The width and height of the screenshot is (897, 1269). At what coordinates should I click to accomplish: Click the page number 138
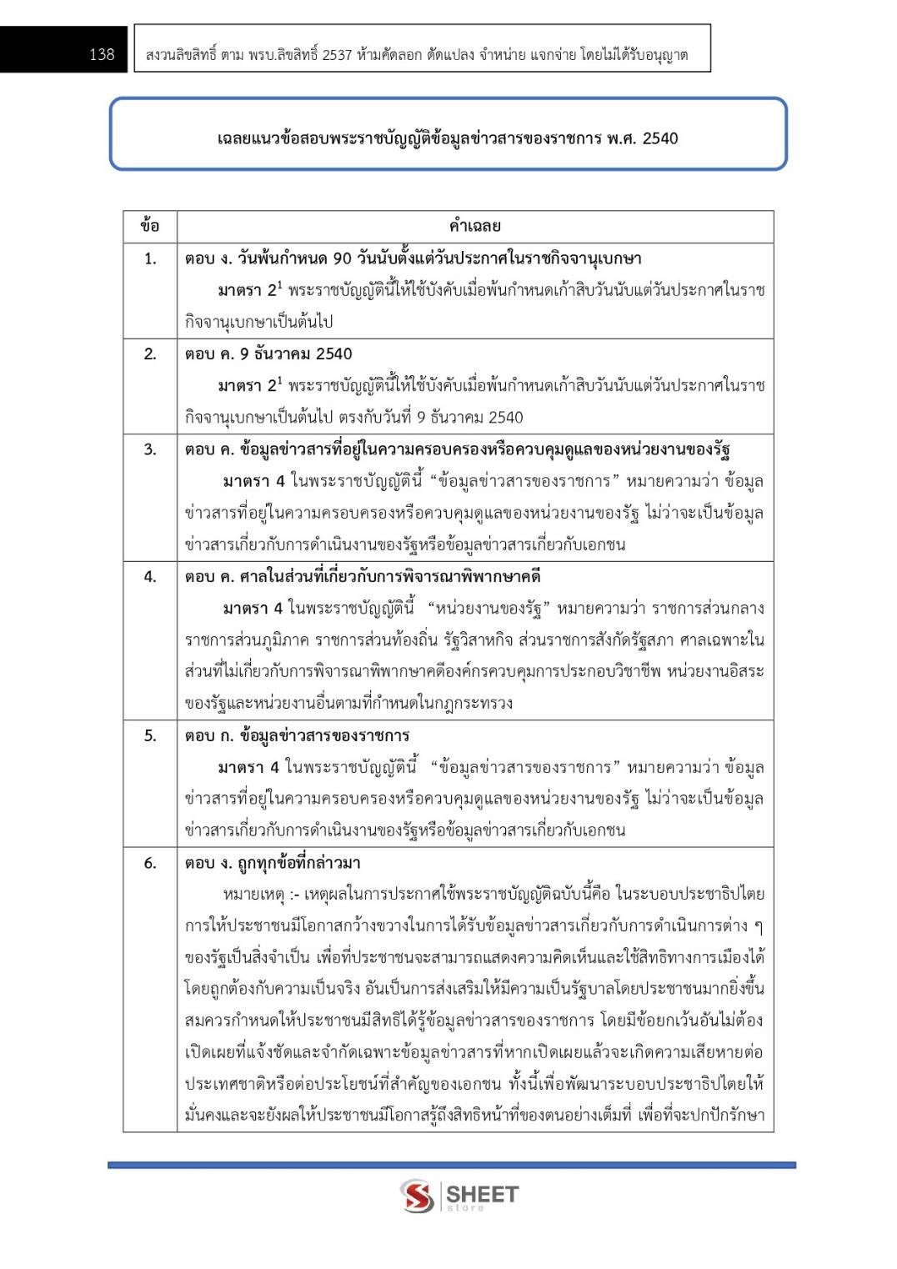102,54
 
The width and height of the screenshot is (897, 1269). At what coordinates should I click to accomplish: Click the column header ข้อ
150,226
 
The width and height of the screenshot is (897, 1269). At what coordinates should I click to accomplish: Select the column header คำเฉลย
474,226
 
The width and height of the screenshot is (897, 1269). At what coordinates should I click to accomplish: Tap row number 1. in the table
150,258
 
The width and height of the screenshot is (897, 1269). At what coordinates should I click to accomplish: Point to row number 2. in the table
150,354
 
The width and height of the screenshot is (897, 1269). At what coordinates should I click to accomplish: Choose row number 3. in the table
150,449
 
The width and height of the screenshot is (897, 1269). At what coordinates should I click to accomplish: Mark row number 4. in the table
150,576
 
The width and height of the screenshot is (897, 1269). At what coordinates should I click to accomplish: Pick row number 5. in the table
150,735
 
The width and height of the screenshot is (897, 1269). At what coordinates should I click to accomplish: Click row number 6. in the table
150,863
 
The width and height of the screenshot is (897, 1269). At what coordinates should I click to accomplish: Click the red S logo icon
417,1196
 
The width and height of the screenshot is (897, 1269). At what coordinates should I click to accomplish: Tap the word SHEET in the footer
482,1193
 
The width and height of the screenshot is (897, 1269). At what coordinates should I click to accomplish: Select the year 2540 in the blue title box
660,138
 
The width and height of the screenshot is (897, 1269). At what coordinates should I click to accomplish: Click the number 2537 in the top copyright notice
337,55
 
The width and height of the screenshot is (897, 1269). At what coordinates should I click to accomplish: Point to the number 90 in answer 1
342,258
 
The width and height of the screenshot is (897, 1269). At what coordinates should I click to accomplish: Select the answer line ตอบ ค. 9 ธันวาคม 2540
268,354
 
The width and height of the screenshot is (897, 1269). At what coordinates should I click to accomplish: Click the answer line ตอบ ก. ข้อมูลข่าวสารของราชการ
297,735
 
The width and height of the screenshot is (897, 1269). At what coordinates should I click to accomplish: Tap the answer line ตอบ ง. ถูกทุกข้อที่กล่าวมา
273,863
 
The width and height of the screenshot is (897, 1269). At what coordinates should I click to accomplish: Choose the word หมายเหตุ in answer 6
253,895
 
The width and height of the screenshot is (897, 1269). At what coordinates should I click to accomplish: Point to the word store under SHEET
465,1207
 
